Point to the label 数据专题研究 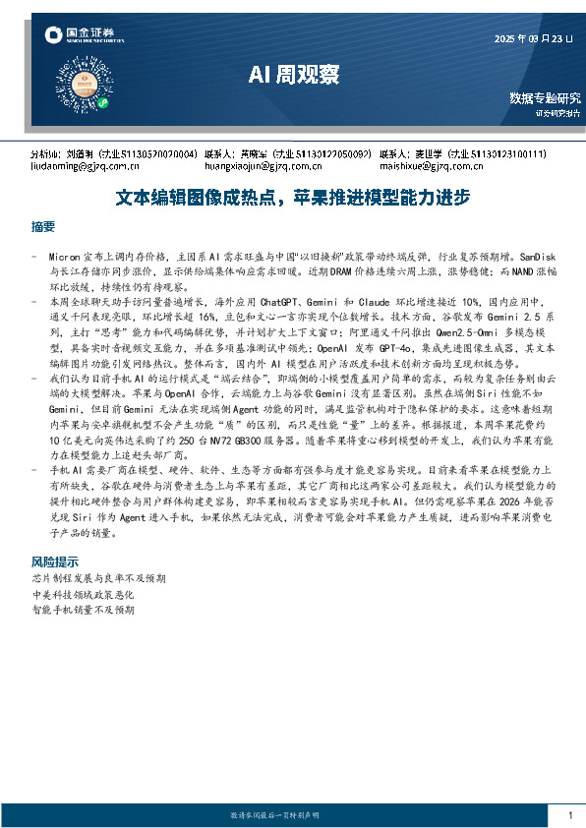click(545, 98)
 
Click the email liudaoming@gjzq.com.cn click(79, 166)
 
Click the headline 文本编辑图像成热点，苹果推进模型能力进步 click(292, 197)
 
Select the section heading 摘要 click(43, 227)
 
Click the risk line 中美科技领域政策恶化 click(84, 595)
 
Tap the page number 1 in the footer click(570, 815)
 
